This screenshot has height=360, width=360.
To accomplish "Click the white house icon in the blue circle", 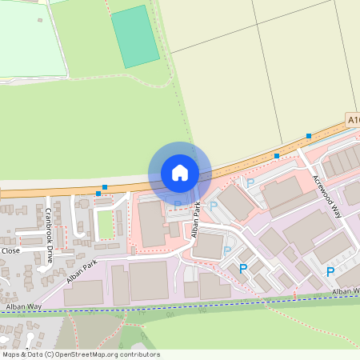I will click(x=180, y=173).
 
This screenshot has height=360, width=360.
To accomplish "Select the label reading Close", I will click(x=10, y=250).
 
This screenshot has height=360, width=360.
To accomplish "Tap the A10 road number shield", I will click(x=354, y=119).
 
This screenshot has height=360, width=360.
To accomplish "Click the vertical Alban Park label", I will click(x=194, y=220).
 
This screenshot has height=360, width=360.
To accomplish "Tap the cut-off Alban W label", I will click(x=346, y=290).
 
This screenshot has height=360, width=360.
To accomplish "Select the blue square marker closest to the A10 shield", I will click(x=308, y=137).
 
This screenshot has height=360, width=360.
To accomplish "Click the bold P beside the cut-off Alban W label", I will click(x=330, y=272).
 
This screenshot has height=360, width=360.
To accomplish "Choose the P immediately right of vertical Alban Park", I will click(x=214, y=206).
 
